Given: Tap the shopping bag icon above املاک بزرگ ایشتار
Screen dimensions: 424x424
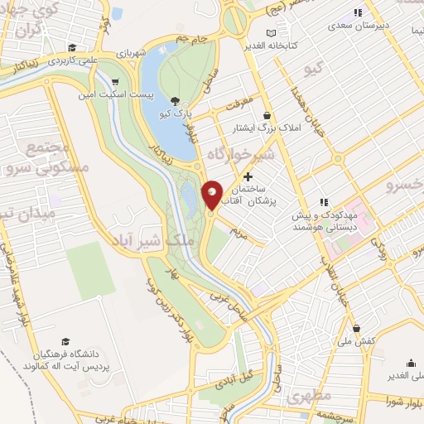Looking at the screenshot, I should [267, 115].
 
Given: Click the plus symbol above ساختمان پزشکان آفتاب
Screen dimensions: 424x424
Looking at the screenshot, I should [248, 176].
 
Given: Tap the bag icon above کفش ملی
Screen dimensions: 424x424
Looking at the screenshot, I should [356, 328].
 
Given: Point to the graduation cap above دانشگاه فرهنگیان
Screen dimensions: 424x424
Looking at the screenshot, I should [65, 341].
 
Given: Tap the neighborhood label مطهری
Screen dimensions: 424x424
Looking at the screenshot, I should [311, 397].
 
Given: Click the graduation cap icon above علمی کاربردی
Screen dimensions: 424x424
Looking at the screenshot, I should [73, 47].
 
